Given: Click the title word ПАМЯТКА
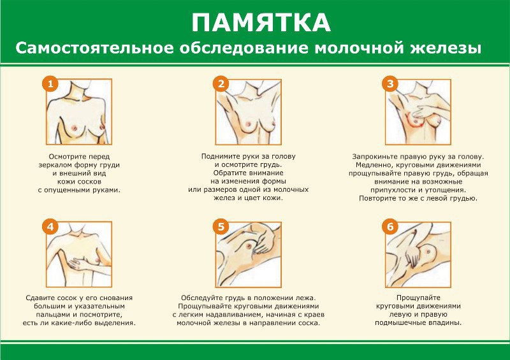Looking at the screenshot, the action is [261, 23].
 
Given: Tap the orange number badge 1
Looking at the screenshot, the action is [50, 84].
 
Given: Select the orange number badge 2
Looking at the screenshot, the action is [221, 84].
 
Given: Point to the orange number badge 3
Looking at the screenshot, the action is [390, 84].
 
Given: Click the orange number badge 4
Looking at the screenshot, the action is [50, 226].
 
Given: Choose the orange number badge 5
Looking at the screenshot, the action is [221, 226].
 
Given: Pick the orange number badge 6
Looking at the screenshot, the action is [390, 226].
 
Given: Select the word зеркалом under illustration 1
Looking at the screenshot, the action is [54, 165].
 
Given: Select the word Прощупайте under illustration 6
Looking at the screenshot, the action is [418, 298].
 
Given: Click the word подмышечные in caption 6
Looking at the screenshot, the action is [399, 322].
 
